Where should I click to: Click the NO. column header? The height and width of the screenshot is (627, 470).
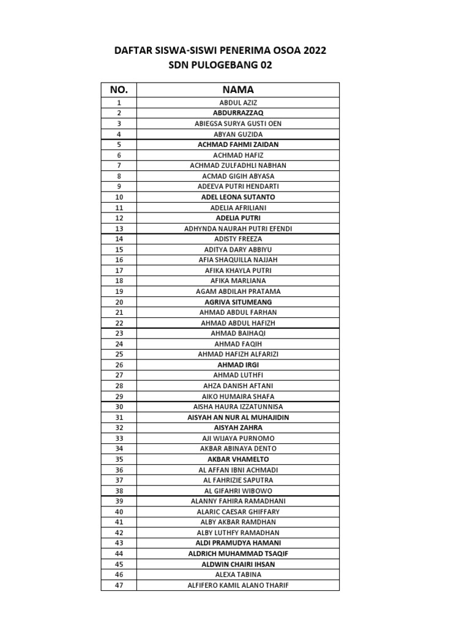tap(119, 90)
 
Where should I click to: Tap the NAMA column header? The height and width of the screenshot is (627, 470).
tap(238, 90)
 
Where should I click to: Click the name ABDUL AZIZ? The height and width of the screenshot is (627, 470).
tap(238, 103)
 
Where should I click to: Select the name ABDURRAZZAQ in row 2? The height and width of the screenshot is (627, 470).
tap(238, 113)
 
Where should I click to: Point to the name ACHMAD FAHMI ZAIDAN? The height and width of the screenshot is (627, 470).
tap(238, 145)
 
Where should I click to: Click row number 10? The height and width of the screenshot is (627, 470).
tap(119, 197)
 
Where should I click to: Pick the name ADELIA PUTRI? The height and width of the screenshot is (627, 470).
tap(238, 218)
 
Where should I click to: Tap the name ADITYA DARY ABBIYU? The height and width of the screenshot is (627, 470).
tap(238, 249)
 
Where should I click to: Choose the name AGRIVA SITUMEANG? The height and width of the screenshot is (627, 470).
tap(238, 302)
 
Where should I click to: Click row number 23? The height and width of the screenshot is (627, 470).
tap(119, 333)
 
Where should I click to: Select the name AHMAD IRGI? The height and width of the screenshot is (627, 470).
tap(238, 364)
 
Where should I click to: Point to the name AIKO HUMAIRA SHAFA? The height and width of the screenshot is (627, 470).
tap(238, 396)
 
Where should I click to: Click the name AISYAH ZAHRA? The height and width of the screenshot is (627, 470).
tap(238, 427)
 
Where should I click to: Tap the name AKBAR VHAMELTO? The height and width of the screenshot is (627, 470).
tap(238, 459)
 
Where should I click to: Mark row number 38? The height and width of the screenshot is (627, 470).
tap(119, 490)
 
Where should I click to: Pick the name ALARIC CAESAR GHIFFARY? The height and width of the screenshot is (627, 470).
tap(238, 511)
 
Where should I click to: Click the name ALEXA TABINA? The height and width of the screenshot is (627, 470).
tap(238, 574)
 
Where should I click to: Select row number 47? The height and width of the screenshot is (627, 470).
tap(119, 585)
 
